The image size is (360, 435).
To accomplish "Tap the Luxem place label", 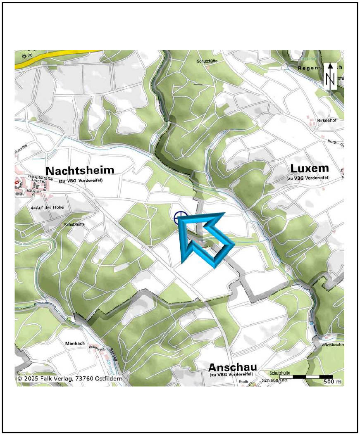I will tap(310, 169).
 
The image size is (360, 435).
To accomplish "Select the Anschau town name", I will tap(232, 367).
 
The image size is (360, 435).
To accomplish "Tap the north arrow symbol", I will tap(330, 76).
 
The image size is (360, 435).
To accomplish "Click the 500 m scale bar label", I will tap(332, 382).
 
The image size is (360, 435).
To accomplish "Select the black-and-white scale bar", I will tap(306, 377).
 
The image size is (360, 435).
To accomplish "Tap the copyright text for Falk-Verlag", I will tap(69, 378).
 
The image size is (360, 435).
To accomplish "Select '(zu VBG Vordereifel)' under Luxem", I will tap(308, 178).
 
